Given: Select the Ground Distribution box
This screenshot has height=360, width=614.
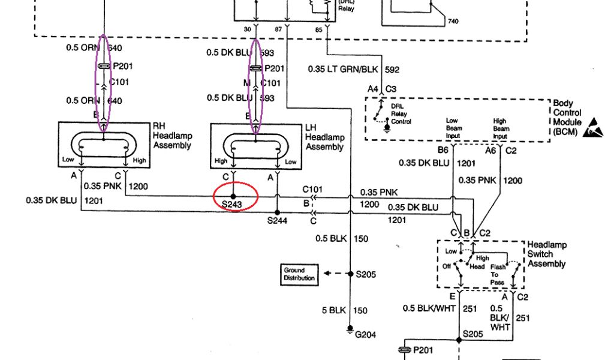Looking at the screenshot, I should tap(298, 275).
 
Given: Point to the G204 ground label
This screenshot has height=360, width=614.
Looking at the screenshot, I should tap(365, 335).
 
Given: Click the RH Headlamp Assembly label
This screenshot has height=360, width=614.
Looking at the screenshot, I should tap(172, 136).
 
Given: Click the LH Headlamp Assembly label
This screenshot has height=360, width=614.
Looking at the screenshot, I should tap(324, 138).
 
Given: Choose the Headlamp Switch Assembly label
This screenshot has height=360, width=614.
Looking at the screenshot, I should tap(546, 254).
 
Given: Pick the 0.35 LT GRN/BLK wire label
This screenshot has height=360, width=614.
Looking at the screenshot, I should tap(337, 70).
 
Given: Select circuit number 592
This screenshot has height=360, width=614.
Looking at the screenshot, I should tap(392, 70).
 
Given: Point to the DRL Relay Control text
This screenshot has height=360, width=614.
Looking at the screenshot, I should tap(400, 113).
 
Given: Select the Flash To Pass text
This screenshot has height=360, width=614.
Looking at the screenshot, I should tap(498, 275).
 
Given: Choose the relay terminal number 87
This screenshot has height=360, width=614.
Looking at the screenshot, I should tap(278, 29).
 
